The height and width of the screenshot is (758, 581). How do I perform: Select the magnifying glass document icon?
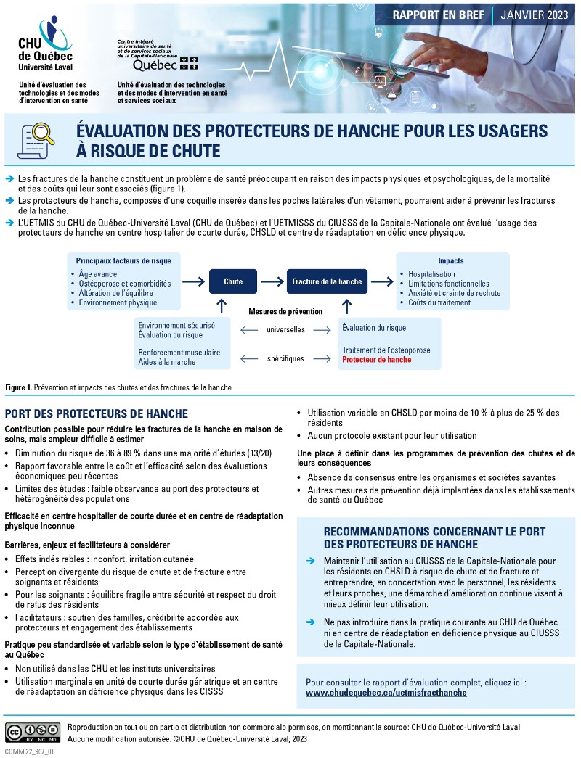pyautogui.click(x=37, y=140)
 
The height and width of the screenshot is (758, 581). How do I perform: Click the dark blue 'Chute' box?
pyautogui.click(x=233, y=281)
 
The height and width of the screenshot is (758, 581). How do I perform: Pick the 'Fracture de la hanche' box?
pyautogui.click(x=327, y=281)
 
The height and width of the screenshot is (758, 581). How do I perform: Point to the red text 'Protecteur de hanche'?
pyautogui.click(x=376, y=360)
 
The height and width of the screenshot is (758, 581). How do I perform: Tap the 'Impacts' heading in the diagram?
pyautogui.click(x=450, y=260)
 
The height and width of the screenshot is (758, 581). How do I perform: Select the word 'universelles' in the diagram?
pyautogui.click(x=285, y=330)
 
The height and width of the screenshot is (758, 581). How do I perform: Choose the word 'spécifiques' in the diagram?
pyautogui.click(x=285, y=359)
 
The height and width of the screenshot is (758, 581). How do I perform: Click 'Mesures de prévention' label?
pyautogui.click(x=285, y=311)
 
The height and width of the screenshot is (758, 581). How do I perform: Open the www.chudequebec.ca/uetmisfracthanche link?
pyautogui.click(x=386, y=693)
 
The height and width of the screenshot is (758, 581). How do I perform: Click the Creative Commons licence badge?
pyautogui.click(x=33, y=732)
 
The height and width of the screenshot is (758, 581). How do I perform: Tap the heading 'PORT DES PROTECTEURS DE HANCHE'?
pyautogui.click(x=96, y=413)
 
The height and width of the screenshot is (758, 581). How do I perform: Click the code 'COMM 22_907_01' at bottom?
pyautogui.click(x=29, y=752)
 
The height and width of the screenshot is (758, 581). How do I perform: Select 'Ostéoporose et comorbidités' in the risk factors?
pyautogui.click(x=125, y=284)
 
